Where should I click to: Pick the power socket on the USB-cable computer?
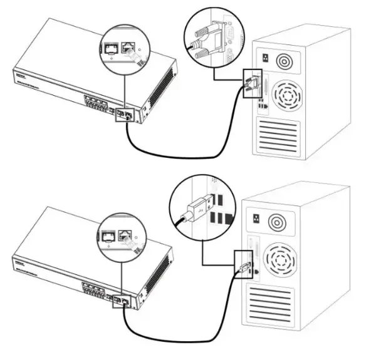click(256, 219)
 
